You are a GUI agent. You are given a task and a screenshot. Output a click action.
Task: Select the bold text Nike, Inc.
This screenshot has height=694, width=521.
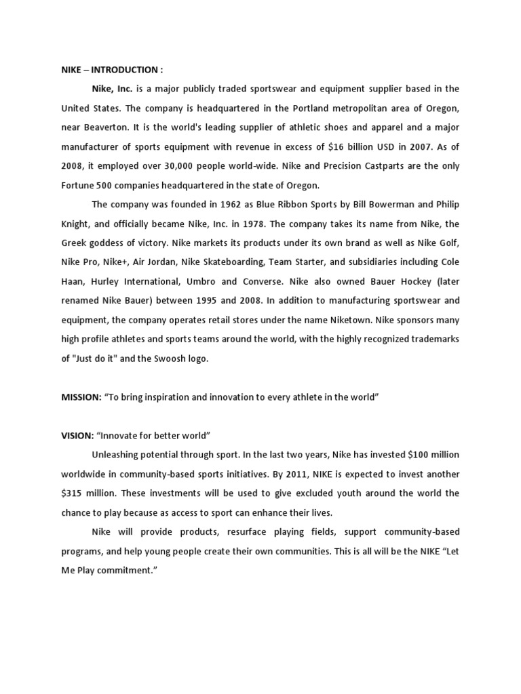[x=112, y=88]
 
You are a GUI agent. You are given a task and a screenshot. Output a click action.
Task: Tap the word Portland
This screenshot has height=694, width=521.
[x=315, y=108]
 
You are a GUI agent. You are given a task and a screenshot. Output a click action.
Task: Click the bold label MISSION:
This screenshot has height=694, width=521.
[x=81, y=397]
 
